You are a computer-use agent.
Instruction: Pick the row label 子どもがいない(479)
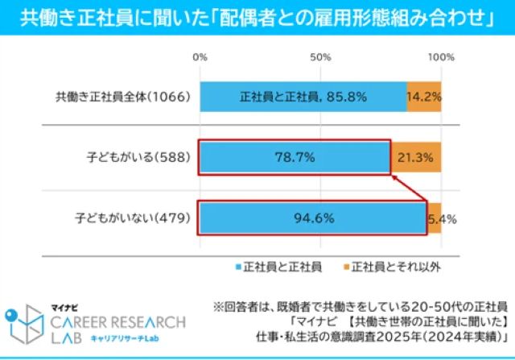(134, 217)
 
